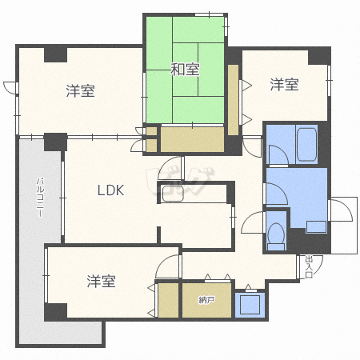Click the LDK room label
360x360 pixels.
click(x=110, y=190)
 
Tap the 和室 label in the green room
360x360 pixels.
click(x=185, y=69)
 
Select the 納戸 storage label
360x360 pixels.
click(x=206, y=300)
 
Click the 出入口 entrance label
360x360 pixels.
click(x=309, y=266)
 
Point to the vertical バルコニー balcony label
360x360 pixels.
click(x=40, y=198)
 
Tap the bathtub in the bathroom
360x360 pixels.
click(x=306, y=145)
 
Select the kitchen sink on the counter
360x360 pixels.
click(x=173, y=194)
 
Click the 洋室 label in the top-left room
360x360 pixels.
click(x=81, y=90)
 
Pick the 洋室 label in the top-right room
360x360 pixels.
click(x=284, y=84)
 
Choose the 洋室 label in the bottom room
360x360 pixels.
click(x=102, y=282)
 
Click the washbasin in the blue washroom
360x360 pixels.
click(x=316, y=226)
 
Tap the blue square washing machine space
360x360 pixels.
click(x=250, y=305)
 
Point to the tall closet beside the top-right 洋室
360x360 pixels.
click(x=233, y=100)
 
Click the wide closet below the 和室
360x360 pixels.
click(x=192, y=139)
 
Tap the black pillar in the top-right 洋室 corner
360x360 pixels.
click(x=319, y=56)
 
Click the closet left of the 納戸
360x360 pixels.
click(x=168, y=300)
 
